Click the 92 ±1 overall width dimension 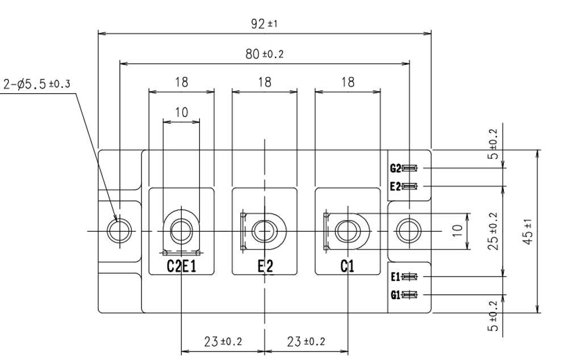tap(265, 24)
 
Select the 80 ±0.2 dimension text tap(265, 53)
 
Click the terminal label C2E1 tap(181, 266)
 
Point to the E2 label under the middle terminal tap(265, 266)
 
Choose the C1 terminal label tap(347, 266)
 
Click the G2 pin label tap(395, 168)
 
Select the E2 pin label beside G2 tap(395, 186)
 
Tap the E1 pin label tap(395, 277)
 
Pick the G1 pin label tap(395, 295)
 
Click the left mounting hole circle tap(119, 231)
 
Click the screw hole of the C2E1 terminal tap(181, 231)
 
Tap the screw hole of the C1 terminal tap(347, 231)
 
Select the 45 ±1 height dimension tap(528, 232)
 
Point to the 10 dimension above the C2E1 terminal tap(181, 112)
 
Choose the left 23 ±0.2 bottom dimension tap(223, 342)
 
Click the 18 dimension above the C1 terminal tap(347, 82)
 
